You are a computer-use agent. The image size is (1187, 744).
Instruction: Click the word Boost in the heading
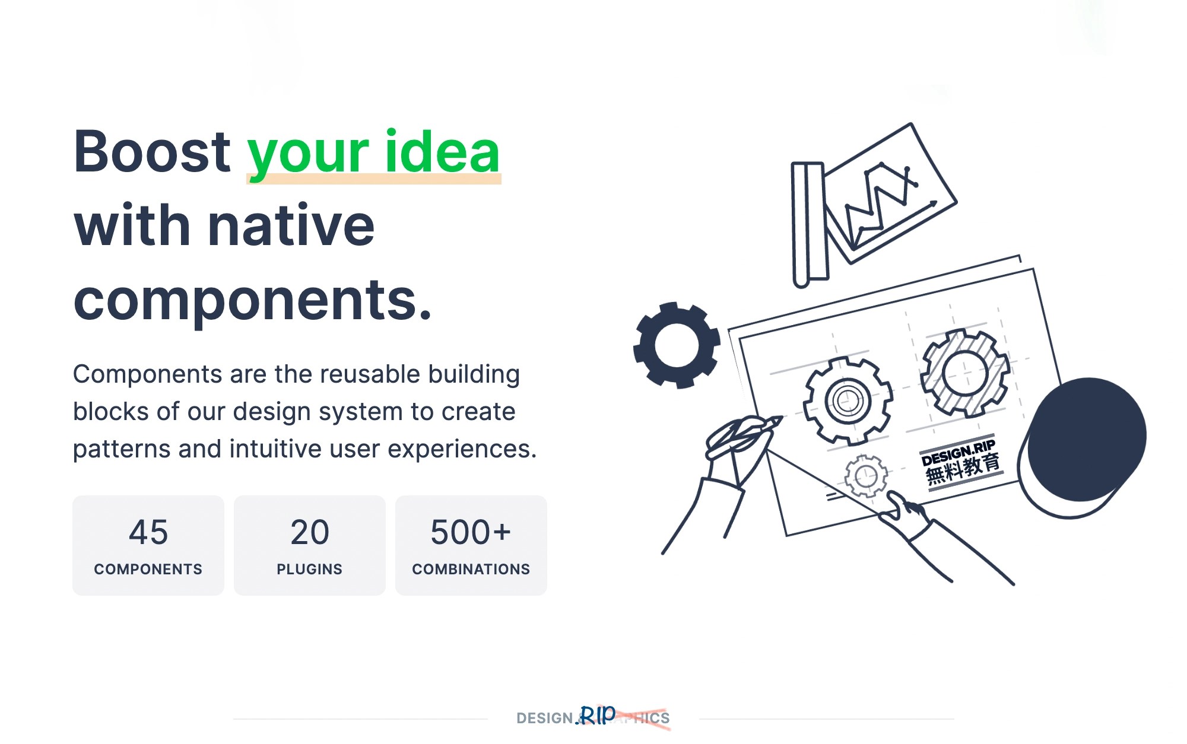pyautogui.click(x=152, y=152)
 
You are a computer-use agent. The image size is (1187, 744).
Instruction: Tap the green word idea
pyautogui.click(x=442, y=152)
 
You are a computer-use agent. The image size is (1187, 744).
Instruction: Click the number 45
pyautogui.click(x=148, y=532)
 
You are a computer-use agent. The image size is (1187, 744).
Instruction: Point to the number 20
pyautogui.click(x=309, y=532)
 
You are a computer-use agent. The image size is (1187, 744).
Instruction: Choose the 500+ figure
pyautogui.click(x=471, y=532)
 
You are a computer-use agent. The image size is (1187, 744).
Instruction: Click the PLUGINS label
pyautogui.click(x=309, y=569)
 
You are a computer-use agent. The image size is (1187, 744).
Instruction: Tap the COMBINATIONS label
pyautogui.click(x=471, y=569)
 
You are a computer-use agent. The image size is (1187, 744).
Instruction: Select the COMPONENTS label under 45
pyautogui.click(x=148, y=569)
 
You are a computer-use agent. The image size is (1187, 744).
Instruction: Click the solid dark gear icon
pyautogui.click(x=677, y=345)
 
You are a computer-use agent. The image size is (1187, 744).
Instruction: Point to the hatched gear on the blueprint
pyautogui.click(x=965, y=374)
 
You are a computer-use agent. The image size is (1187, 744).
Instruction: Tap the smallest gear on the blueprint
pyautogui.click(x=866, y=476)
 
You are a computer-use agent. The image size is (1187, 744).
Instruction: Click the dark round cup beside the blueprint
pyautogui.click(x=1086, y=439)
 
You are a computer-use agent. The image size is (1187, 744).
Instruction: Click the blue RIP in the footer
pyautogui.click(x=596, y=716)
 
